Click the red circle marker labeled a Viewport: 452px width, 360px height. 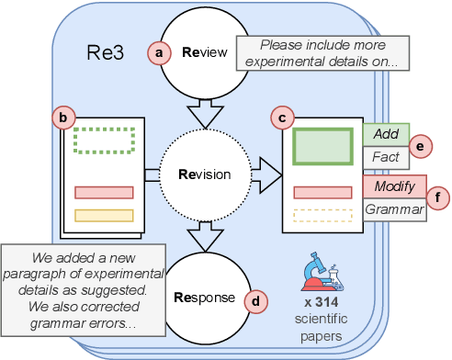[x=161, y=53]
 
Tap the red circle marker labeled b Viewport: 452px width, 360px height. [x=62, y=117]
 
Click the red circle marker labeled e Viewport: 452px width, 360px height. [x=420, y=145]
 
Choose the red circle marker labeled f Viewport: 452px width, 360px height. [x=439, y=197]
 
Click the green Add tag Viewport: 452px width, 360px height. [x=385, y=134]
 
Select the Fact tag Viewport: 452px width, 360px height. [x=385, y=157]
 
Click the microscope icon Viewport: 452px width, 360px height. [x=322, y=274]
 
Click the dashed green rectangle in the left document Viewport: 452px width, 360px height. [x=104, y=140]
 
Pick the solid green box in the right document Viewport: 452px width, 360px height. [x=322, y=147]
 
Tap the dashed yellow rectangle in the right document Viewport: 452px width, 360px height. [x=322, y=217]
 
